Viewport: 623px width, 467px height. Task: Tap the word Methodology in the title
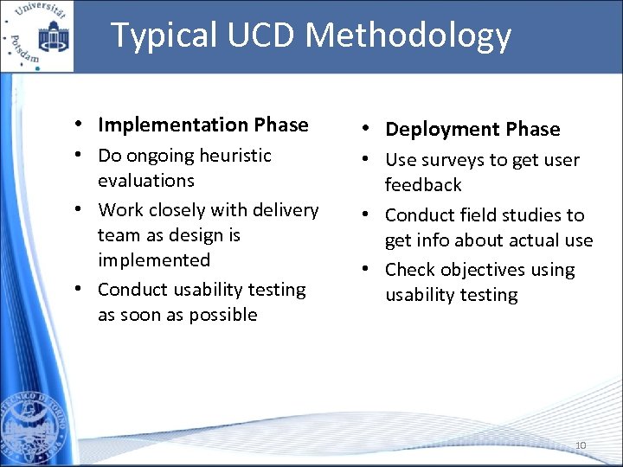[409, 36]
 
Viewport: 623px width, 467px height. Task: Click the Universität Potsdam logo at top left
[37, 35]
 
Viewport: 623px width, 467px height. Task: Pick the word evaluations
[146, 181]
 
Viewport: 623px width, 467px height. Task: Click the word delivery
[286, 210]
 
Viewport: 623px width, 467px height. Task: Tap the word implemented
[154, 260]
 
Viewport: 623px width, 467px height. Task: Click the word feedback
[423, 185]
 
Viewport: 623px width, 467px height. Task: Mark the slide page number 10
[581, 445]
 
